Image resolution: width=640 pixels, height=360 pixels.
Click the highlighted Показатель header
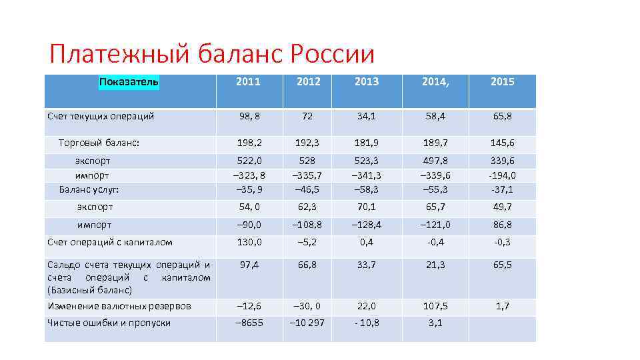(x=129, y=82)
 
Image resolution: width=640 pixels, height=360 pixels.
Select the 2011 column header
(x=249, y=82)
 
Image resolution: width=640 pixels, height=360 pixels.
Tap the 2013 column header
(x=367, y=82)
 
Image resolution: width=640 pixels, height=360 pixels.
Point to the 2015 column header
(x=502, y=82)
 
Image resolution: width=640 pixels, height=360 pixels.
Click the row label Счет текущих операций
(x=101, y=116)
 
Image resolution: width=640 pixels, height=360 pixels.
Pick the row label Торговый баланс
(x=99, y=142)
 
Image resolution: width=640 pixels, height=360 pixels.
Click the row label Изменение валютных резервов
(x=119, y=306)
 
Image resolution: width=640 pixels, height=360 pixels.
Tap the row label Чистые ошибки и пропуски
(x=109, y=323)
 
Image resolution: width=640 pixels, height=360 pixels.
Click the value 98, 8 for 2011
(x=249, y=116)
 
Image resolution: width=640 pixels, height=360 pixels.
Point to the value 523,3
(x=367, y=161)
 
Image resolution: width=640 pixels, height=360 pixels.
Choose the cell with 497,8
(x=435, y=161)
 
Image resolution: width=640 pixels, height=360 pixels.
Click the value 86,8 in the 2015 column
(x=502, y=225)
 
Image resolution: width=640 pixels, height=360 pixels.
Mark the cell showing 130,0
(x=249, y=242)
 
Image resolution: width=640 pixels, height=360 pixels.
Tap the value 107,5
(x=435, y=306)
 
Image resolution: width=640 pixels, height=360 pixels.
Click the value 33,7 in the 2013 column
(x=367, y=265)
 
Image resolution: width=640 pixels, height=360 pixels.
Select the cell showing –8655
(x=249, y=323)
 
